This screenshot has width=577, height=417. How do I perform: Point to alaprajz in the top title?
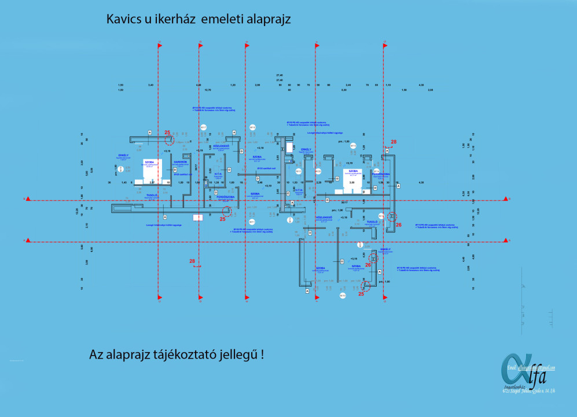coord(267,19)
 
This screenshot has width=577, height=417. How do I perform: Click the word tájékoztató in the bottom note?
coord(186,354)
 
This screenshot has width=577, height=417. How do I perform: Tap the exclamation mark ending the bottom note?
coord(262,354)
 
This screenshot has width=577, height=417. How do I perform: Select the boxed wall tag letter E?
coord(288,193)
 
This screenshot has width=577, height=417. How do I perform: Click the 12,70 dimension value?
coord(208,90)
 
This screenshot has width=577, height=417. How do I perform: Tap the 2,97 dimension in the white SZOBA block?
coord(152,182)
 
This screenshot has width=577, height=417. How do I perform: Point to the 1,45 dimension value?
coord(123,182)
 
